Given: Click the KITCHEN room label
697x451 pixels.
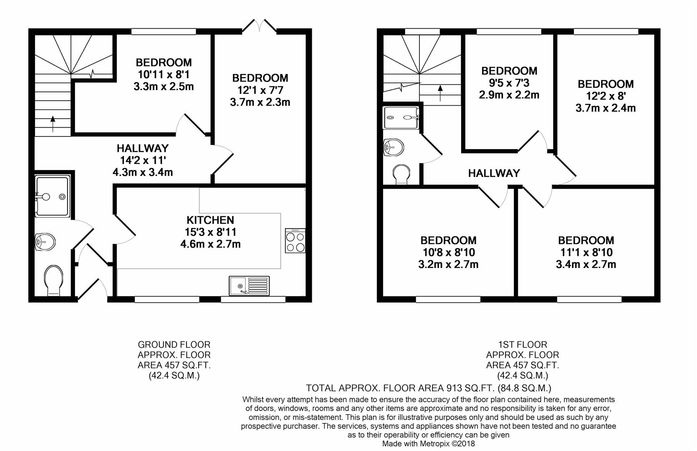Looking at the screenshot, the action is click(210, 220).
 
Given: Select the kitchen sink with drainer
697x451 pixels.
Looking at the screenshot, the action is click(249, 286).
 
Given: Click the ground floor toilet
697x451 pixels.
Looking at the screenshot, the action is click(53, 280).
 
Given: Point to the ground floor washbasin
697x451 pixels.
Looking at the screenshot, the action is click(45, 242).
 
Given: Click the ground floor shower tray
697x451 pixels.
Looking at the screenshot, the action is click(52, 196).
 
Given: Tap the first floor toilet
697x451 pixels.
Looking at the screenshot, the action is click(402, 174).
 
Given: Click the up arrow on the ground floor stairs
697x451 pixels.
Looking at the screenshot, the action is click(53, 124).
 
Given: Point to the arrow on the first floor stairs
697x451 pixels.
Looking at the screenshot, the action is click(440, 93).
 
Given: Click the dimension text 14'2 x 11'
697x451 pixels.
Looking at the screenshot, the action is click(142, 160).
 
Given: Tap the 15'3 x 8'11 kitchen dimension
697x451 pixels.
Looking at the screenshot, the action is click(210, 232).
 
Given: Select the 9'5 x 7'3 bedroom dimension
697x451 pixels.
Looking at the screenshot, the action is click(509, 83).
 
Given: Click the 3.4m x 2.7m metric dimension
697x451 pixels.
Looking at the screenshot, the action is click(586, 264).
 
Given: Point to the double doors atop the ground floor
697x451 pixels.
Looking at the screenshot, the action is click(259, 26).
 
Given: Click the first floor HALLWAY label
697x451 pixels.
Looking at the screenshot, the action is click(494, 173).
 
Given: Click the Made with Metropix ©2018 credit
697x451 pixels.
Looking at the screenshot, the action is click(429, 443).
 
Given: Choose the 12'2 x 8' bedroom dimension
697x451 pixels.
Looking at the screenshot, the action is click(605, 96).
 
